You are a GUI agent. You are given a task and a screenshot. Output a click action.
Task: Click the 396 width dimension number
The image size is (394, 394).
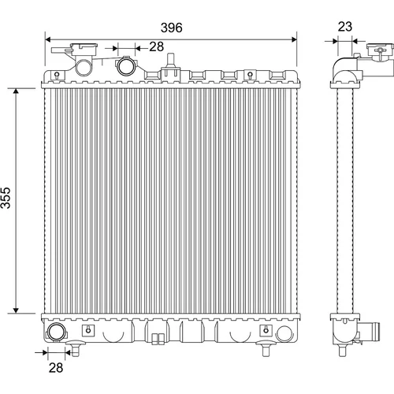tap(171, 28)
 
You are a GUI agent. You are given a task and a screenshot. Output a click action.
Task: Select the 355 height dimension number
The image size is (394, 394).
tap(6, 198)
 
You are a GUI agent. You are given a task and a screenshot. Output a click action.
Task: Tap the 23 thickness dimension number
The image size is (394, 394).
tap(345, 27)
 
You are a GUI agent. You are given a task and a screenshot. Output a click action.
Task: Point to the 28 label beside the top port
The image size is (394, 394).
tap(157, 46)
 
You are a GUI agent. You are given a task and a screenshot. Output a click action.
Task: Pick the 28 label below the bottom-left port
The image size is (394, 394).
tap(56, 367)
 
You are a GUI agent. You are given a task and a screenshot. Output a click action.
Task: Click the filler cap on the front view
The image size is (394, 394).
tap(84, 49)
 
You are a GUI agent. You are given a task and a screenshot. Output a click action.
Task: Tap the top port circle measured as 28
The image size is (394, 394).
tap(126, 65)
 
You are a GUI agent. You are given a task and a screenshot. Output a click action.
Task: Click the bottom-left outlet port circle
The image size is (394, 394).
tap(56, 333)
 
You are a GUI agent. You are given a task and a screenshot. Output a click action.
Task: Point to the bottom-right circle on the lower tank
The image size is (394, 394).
tap(284, 333)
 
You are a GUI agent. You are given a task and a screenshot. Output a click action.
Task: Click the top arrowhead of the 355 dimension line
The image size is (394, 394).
tap(16, 91)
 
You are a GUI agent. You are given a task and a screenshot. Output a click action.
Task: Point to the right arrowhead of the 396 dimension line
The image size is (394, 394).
tap(294, 39)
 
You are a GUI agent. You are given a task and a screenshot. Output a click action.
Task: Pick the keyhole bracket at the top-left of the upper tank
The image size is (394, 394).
tap(57, 75)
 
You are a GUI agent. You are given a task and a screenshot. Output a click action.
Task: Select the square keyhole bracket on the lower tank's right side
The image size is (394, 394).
tap(266, 330)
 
